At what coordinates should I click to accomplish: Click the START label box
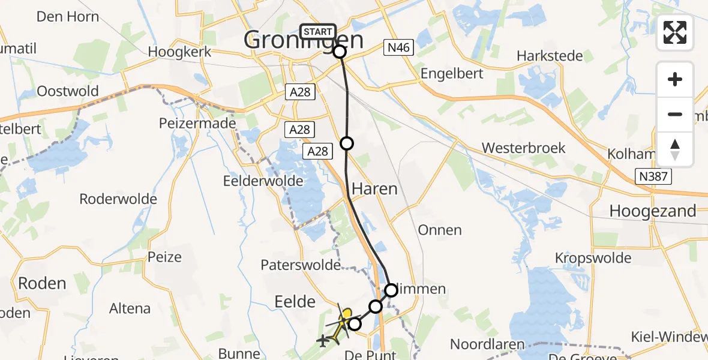coord(317,32)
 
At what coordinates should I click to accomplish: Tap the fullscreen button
coord(675,33)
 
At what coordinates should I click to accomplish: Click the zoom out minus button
coord(675,115)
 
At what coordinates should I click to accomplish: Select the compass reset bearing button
coord(675,149)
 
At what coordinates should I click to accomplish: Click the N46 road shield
coord(398,48)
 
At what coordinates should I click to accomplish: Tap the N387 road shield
coord(653,176)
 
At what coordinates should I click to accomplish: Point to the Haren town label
coord(374,188)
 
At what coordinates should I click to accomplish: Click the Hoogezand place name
coord(653,211)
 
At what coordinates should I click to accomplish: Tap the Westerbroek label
coord(524,148)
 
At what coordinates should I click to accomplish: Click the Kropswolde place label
coord(593,258)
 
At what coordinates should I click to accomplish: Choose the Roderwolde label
coord(118,199)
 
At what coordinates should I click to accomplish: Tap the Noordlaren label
coord(487,345)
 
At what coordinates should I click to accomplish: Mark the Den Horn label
coord(68,16)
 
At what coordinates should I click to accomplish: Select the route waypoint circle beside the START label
coord(340,52)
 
